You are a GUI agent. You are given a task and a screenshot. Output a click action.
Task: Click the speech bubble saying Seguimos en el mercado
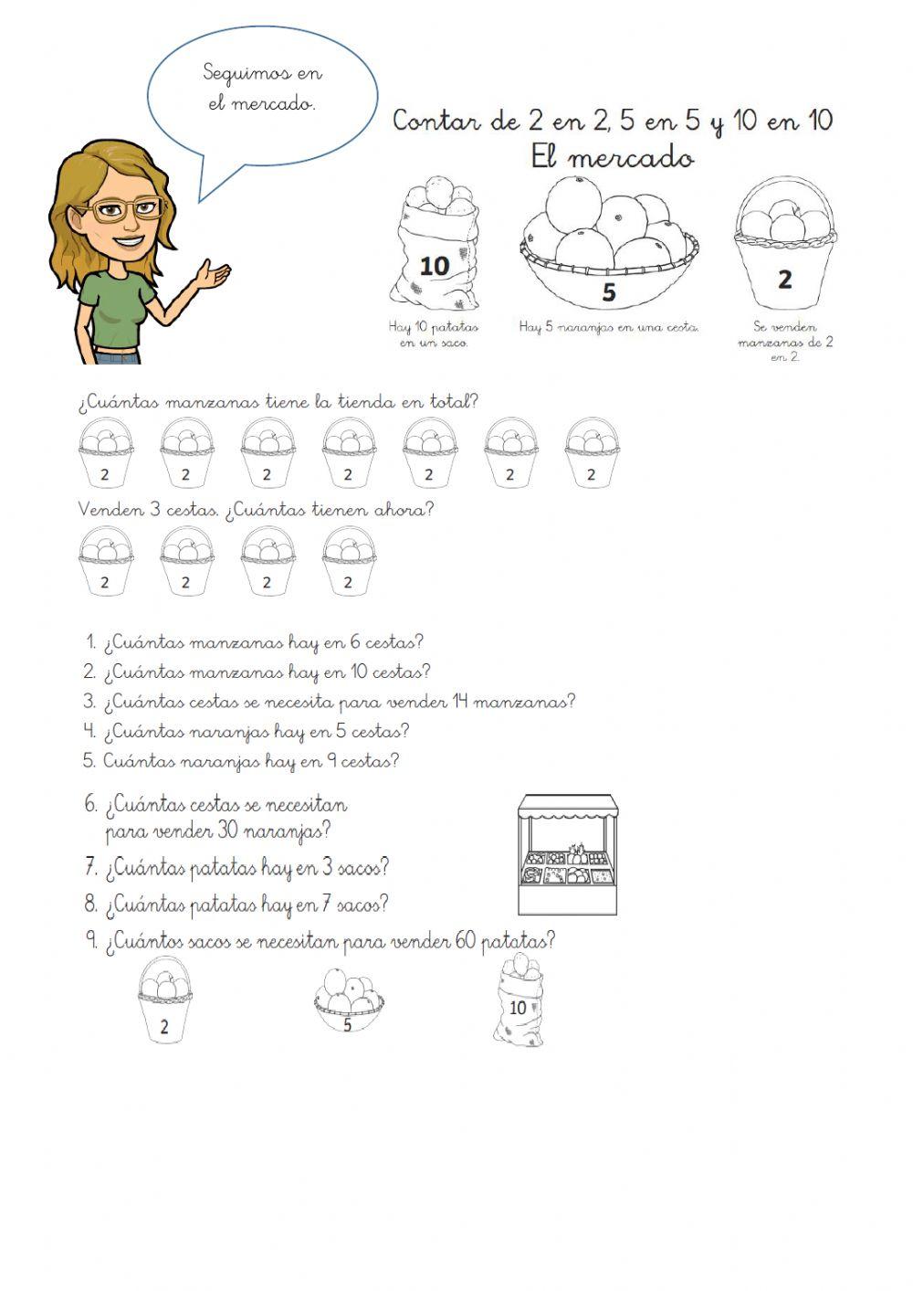[x=262, y=90]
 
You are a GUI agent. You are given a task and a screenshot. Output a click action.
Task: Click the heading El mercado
[x=612, y=158]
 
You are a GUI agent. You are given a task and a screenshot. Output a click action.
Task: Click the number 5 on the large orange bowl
[x=609, y=293]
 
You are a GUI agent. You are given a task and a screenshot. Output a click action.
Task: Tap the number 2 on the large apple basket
[x=784, y=280]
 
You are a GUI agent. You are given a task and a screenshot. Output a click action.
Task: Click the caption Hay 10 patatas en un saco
[x=434, y=334]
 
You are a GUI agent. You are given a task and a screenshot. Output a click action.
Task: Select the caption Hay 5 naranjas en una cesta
[x=609, y=327]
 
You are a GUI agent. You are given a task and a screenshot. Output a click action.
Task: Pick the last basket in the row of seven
[x=591, y=453]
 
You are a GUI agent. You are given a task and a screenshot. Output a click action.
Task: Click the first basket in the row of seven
[x=105, y=453]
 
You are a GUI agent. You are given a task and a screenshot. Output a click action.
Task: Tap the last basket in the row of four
[x=348, y=561]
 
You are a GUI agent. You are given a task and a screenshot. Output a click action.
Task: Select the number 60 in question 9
[x=465, y=941]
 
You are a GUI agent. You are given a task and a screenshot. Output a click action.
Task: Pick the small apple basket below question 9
[x=165, y=1000]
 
